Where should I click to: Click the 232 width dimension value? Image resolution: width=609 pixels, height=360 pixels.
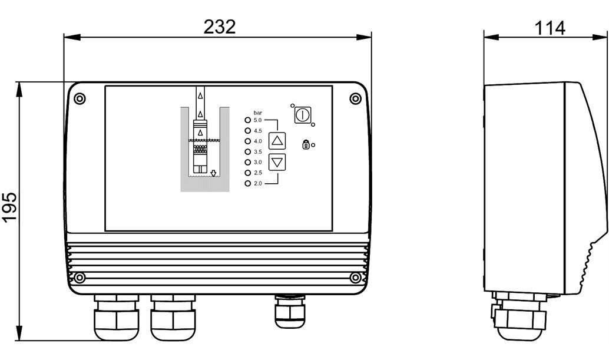click(x=220, y=27)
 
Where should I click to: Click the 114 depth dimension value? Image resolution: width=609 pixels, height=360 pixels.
click(x=550, y=28)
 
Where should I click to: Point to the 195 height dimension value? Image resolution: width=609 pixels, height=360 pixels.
click(x=9, y=207)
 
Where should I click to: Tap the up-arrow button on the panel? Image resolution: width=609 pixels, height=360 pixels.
click(x=277, y=141)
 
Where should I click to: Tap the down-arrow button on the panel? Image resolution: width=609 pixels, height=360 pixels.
click(x=277, y=162)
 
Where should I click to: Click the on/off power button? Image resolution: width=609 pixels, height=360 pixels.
click(x=302, y=115)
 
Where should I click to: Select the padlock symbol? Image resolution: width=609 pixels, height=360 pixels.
click(x=306, y=144)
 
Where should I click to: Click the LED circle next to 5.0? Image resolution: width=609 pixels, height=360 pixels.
click(x=247, y=120)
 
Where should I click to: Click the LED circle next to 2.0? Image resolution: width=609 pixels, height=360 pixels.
click(x=247, y=183)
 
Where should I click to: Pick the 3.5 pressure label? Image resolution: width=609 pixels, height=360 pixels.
click(x=258, y=152)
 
